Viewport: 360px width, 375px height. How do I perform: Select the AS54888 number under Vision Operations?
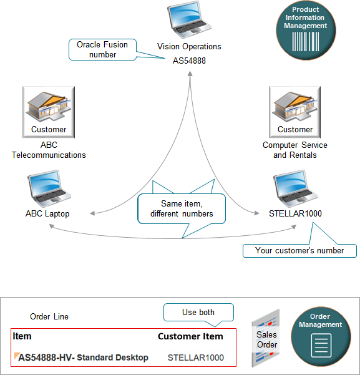tap(189, 61)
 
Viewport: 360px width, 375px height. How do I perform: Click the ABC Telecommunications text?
tap(49, 150)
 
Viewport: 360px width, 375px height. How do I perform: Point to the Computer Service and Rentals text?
tap(294, 150)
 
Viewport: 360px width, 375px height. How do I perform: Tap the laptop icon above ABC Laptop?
tap(47, 188)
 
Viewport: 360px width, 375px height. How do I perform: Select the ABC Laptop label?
tap(47, 213)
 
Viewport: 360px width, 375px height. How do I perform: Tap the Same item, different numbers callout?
tap(181, 208)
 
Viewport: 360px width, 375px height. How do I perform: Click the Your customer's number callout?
tap(299, 250)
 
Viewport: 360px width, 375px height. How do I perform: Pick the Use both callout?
tap(198, 311)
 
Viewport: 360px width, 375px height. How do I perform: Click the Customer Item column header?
tap(190, 336)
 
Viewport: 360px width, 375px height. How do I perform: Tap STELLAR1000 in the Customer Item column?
tap(195, 358)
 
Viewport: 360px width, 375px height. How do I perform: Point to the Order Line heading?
tap(49, 316)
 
